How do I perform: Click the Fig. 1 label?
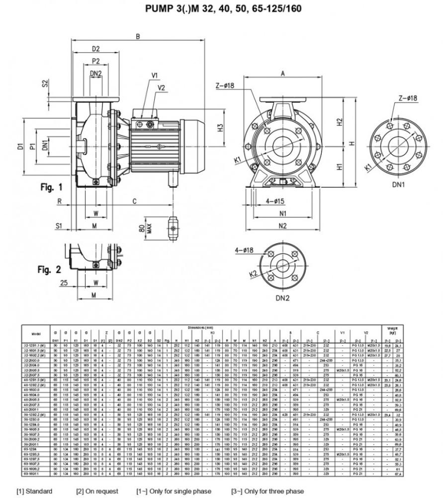pos(51,187)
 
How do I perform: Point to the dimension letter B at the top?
pos(138,36)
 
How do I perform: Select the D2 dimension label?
pos(96,49)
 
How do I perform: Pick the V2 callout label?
pos(162,88)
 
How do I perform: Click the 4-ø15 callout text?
pos(274,201)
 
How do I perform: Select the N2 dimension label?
pos(282,227)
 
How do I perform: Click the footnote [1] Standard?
pos(34,492)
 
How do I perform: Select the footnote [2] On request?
pos(97,492)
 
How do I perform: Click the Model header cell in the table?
pos(35,333)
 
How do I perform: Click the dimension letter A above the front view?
pos(282,73)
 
